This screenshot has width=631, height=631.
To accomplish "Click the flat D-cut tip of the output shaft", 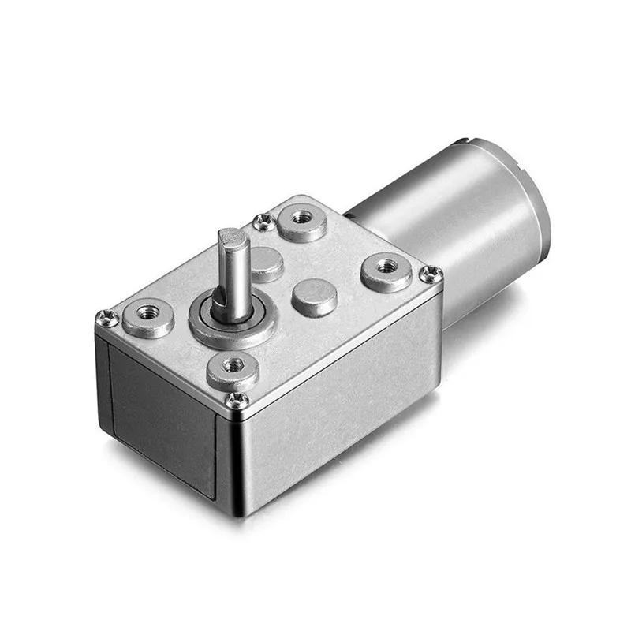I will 233,235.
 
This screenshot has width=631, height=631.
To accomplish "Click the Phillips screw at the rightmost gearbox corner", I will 430,274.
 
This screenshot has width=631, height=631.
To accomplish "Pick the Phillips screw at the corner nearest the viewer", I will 237,400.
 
